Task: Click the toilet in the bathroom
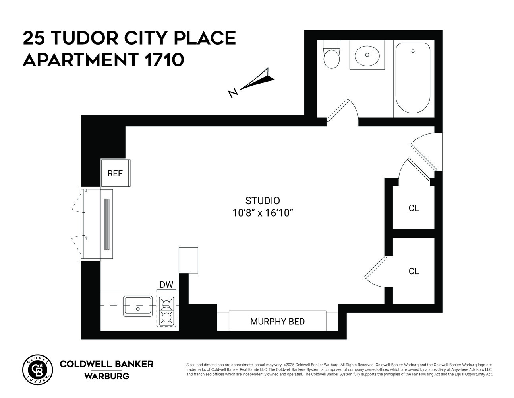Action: [x=332, y=56]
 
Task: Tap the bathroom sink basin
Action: [x=367, y=55]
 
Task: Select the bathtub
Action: [x=413, y=78]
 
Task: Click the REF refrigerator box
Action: [x=115, y=173]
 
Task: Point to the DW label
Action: [x=166, y=285]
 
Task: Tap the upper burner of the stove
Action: [x=167, y=304]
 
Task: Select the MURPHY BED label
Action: [x=277, y=321]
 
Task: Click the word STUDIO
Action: [x=263, y=201]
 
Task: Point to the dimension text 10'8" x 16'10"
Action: [x=263, y=213]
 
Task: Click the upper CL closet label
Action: [x=414, y=208]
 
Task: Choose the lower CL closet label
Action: [x=414, y=271]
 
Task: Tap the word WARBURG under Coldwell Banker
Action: [x=106, y=376]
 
